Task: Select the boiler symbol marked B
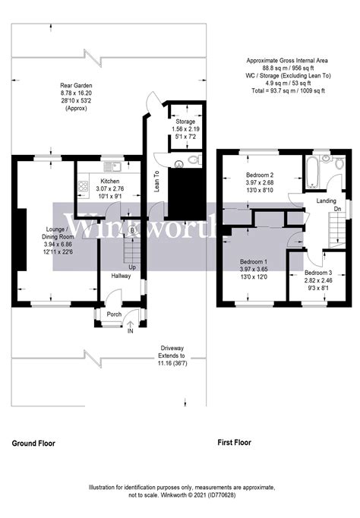coord(132,230)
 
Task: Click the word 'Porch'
coord(114,314)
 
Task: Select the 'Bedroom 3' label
coord(319,272)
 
